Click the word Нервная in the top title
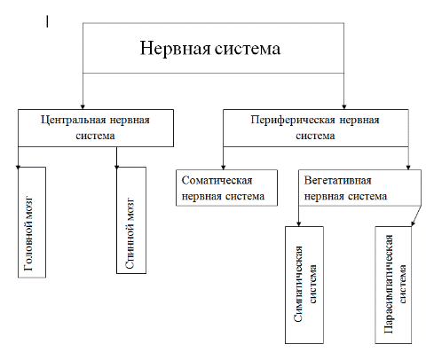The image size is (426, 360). pos(175,48)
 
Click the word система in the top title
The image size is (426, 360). pos(248,49)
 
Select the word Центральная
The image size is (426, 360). pos(74,120)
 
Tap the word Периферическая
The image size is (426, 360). pos(293,120)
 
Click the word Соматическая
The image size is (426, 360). pos(217,180)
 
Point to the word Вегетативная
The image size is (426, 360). pos(337,180)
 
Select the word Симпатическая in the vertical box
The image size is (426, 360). pos(298,284)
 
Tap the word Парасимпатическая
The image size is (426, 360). pos(389,285)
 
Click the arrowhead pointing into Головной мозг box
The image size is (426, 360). pos(18,168)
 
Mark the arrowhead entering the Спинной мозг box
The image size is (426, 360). pos(116,168)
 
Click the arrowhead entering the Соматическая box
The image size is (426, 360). pos(224,168)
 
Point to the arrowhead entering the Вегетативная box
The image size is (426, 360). pos(408,168)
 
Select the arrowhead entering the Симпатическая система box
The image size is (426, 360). pos(299,224)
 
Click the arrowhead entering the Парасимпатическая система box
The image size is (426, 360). pos(414,223)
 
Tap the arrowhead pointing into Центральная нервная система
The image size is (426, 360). pos(83,107)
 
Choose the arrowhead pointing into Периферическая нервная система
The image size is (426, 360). pos(343,107)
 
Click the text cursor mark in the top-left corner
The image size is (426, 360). pos(47,21)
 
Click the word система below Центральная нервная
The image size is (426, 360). pos(95,136)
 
